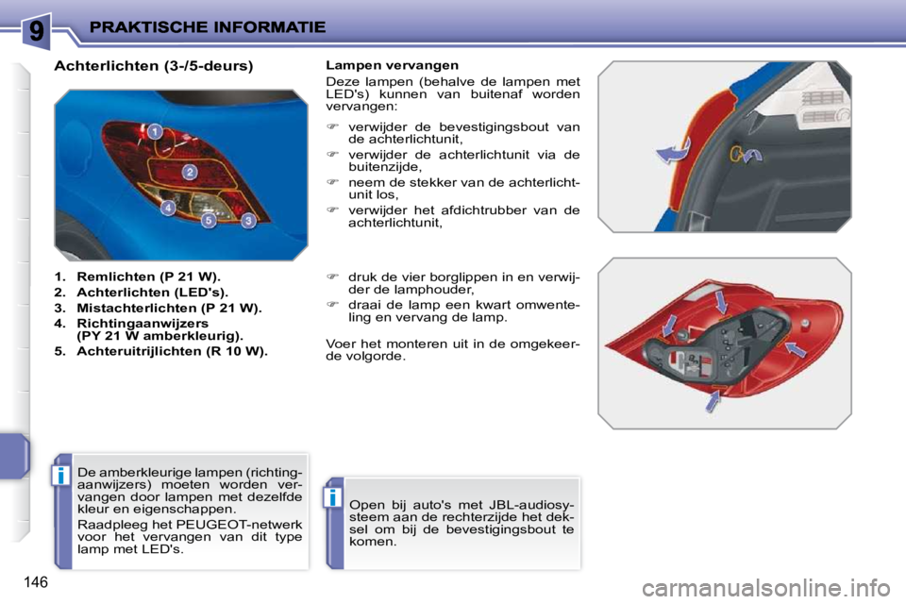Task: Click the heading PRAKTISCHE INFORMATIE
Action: pos(207,27)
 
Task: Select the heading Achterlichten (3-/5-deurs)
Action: pos(154,66)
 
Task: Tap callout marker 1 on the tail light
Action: pos(153,131)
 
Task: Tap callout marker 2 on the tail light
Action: pos(189,172)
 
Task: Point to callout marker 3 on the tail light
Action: pos(248,221)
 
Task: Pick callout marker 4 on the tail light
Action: pos(167,208)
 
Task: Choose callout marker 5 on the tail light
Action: pos(209,221)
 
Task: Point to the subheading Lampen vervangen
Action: pos(392,65)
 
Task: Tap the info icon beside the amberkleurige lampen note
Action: pos(61,475)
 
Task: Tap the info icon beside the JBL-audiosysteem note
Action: pos(334,497)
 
